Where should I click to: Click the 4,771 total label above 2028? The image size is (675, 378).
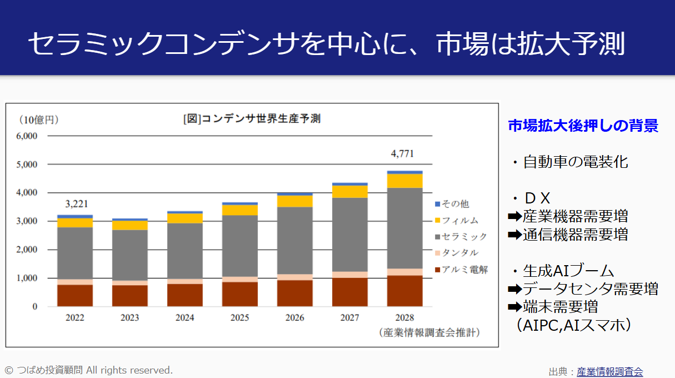click(402, 154)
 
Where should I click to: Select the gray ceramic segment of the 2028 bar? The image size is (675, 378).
click(404, 228)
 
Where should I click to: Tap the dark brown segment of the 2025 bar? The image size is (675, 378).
click(239, 294)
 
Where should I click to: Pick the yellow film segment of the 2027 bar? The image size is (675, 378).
click(349, 192)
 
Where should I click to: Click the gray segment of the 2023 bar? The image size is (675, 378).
click(129, 255)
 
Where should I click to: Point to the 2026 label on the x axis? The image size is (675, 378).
click(294, 318)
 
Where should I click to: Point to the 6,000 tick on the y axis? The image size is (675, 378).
click(27, 136)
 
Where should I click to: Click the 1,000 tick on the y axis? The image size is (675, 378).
click(27, 278)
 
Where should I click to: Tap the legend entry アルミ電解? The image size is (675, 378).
click(464, 270)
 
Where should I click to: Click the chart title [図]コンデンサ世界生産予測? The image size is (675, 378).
click(252, 119)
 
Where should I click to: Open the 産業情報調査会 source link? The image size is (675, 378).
click(609, 371)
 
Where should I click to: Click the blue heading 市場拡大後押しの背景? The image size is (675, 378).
click(583, 126)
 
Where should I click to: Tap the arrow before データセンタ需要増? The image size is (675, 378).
click(515, 289)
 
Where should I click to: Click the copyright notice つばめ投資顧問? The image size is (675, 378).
click(89, 370)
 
